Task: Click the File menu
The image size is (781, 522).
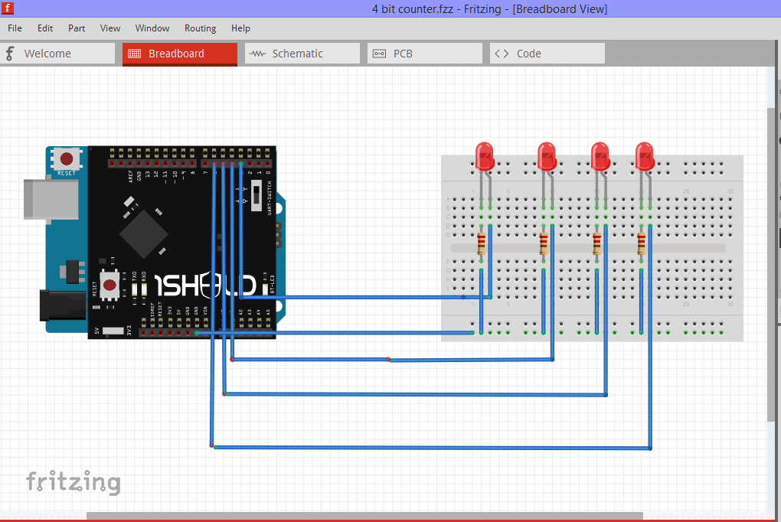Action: pos(15,28)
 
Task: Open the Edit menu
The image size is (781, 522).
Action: pos(45,28)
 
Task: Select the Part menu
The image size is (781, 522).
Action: pos(77,28)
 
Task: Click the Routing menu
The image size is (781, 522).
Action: pos(200,28)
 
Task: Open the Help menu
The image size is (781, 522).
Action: pos(240,28)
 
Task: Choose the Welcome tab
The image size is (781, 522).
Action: pos(58,54)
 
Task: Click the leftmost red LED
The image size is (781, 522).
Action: pos(484,156)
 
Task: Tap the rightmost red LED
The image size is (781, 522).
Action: pos(645,156)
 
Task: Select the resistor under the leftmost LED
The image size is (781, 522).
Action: pos(482,245)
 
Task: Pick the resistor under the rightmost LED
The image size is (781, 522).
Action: pos(642,245)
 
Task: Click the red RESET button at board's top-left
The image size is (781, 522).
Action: pos(67,159)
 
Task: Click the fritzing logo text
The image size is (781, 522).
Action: pos(74,482)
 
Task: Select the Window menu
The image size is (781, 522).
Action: pos(152,28)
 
